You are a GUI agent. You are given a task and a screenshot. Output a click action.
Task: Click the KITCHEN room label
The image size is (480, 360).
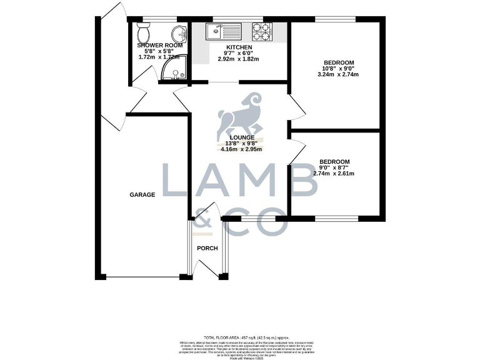pos(239,47)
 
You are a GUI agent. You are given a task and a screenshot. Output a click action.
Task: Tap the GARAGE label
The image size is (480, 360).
pos(142,195)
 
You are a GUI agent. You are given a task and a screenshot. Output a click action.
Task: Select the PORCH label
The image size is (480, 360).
pos(207,248)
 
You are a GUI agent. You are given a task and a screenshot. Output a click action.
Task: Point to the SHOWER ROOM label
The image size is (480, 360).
pos(160,46)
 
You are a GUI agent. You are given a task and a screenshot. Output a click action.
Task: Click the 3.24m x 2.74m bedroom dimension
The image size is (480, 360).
pos(338,74)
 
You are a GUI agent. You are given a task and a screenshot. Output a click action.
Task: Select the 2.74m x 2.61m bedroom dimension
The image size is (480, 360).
pos(334,173)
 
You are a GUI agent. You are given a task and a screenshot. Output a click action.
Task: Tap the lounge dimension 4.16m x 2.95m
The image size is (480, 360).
pos(241,149)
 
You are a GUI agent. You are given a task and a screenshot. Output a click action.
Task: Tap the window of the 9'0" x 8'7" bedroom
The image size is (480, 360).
pos(336,218)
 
